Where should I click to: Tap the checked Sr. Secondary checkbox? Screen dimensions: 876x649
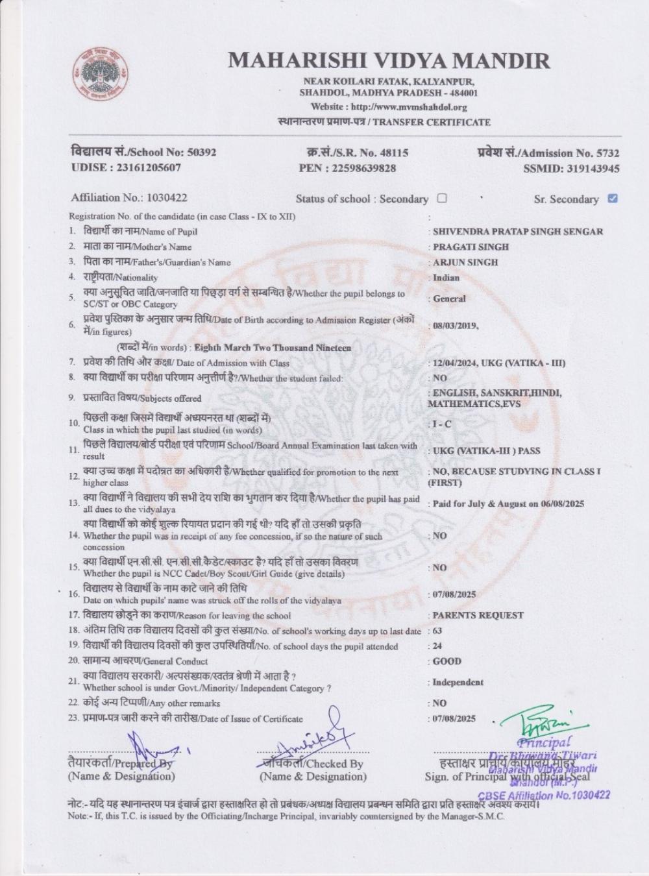coord(612,199)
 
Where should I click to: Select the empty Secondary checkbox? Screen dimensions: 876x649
coord(442,199)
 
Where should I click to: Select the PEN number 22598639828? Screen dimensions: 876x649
coord(365,169)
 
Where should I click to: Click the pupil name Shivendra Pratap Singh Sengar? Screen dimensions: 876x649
coord(517,232)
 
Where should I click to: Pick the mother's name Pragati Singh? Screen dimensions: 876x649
coord(471,247)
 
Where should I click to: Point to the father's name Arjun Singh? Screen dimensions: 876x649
coord(465,263)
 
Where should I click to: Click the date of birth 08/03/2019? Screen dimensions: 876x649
coord(455,326)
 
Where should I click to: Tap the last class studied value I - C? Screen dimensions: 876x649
coord(441,424)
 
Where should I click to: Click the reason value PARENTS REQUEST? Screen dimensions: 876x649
coord(478,615)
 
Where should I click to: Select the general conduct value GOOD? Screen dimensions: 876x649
coord(447,661)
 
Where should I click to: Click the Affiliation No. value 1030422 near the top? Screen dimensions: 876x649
coord(167,197)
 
